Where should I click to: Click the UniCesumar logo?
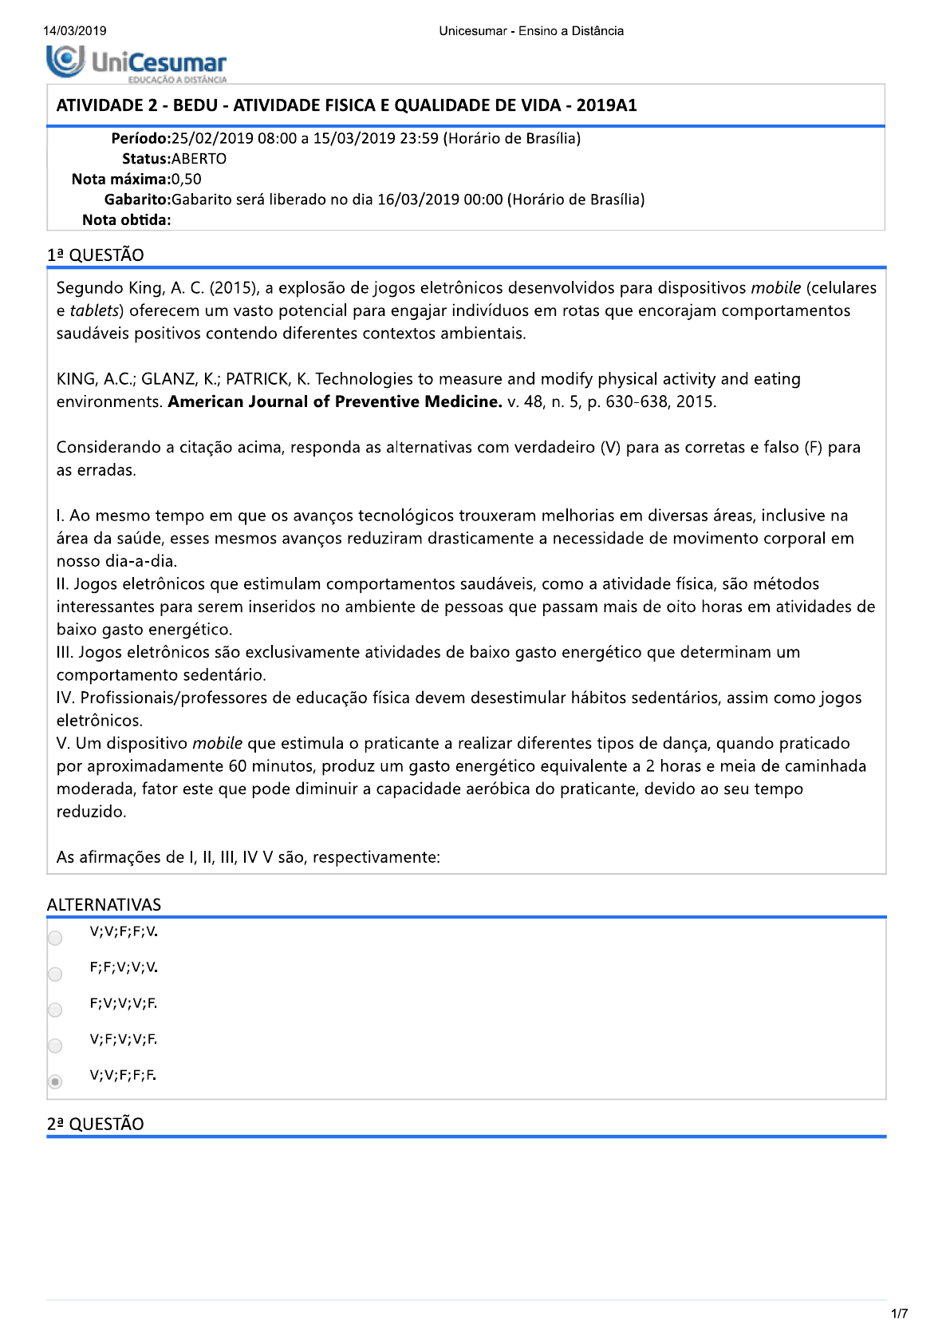click(x=136, y=63)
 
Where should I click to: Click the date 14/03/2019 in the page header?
click(x=74, y=31)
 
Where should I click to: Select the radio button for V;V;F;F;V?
click(x=55, y=938)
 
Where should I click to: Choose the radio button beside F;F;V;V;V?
click(x=55, y=974)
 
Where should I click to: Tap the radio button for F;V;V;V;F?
click(x=55, y=1010)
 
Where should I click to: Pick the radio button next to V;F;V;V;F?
click(x=55, y=1046)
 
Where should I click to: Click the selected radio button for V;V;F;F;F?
click(x=55, y=1081)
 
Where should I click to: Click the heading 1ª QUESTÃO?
click(x=96, y=255)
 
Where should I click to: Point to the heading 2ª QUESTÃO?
click(x=96, y=1124)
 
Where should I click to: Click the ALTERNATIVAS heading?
click(x=104, y=904)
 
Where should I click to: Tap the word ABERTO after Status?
click(x=199, y=159)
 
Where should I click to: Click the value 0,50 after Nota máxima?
click(x=187, y=179)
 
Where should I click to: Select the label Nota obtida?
click(x=126, y=220)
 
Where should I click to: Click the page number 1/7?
click(x=899, y=1314)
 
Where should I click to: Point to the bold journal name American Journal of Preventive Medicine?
click(x=334, y=401)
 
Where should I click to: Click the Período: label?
click(x=141, y=139)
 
